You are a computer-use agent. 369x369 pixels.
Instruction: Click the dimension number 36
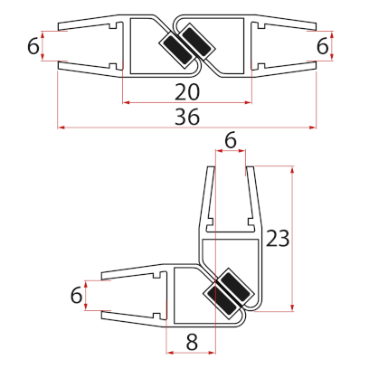click(x=186, y=117)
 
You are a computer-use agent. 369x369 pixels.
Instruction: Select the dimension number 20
click(x=186, y=90)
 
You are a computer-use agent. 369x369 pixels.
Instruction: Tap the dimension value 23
click(x=278, y=238)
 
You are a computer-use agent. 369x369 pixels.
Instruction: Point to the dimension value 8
click(x=190, y=341)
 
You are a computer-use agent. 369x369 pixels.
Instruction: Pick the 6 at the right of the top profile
click(x=323, y=45)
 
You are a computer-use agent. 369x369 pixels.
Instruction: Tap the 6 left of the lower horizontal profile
click(x=76, y=294)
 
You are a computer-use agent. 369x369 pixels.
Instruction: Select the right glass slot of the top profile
click(x=288, y=46)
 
